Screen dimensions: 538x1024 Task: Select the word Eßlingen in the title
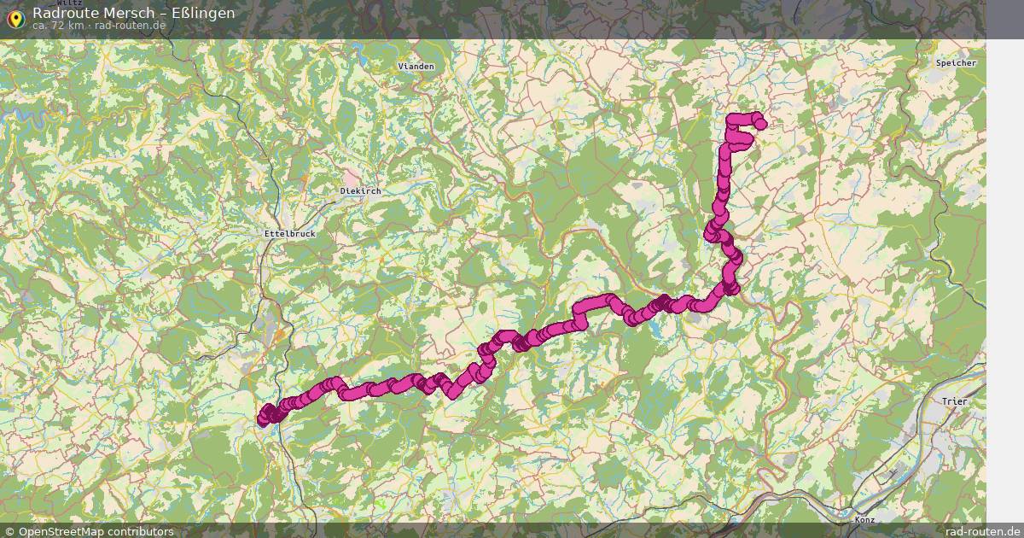tap(202, 13)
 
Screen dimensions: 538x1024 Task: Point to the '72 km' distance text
tap(67, 26)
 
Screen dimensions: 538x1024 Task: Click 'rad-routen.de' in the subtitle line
tap(130, 26)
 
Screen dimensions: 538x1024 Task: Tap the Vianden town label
tap(416, 67)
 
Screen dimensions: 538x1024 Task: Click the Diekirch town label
tap(360, 191)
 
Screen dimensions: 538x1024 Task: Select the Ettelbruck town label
tap(289, 233)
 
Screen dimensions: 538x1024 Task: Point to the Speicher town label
tap(956, 63)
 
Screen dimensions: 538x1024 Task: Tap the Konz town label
tap(864, 519)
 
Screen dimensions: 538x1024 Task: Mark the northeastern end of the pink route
tap(760, 125)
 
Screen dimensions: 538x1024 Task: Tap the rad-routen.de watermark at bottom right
tap(982, 531)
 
